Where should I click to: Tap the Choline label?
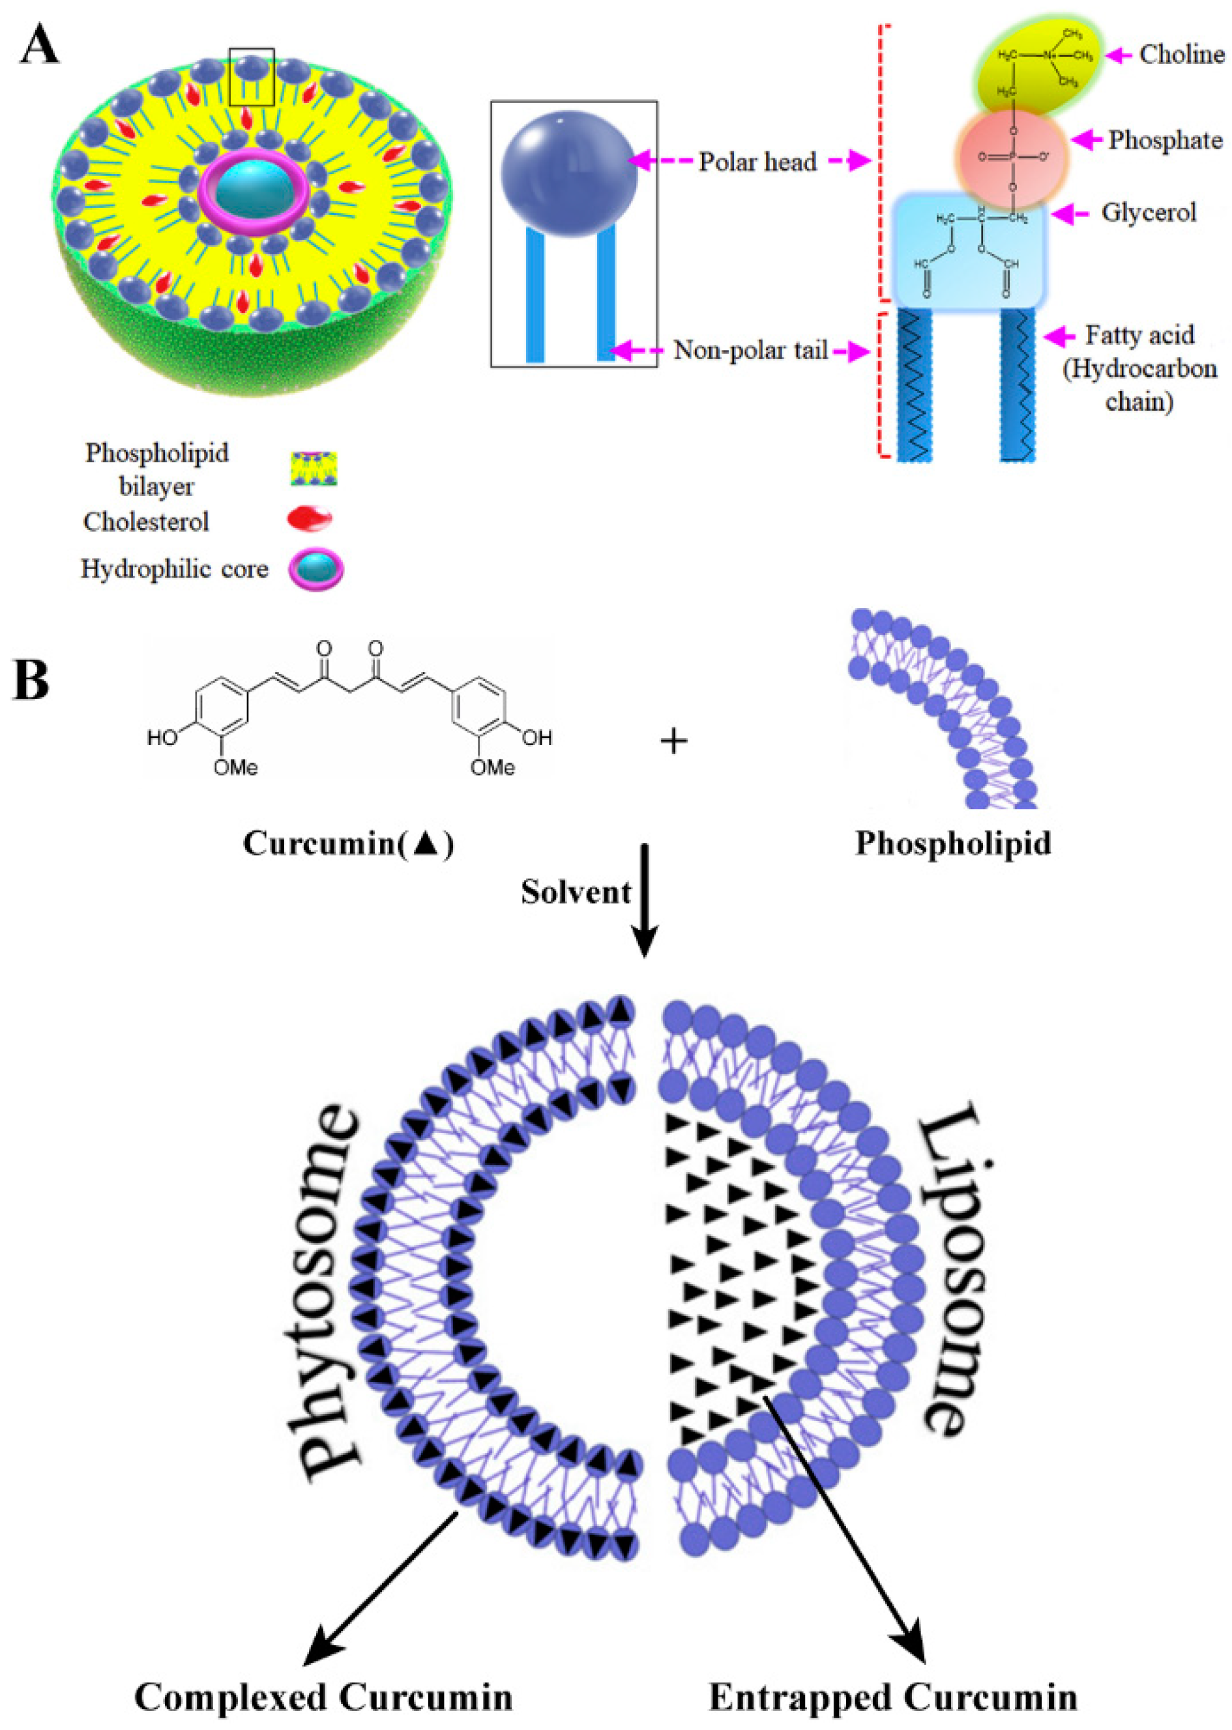pyautogui.click(x=1181, y=55)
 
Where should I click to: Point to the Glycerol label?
pyautogui.click(x=1149, y=213)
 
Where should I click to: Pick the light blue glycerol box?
pyautogui.click(x=969, y=250)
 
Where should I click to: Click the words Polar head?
pyautogui.click(x=757, y=162)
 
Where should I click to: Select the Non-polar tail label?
pyautogui.click(x=750, y=351)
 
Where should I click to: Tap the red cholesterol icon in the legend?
pyautogui.click(x=309, y=520)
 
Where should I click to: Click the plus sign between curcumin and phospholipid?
pyautogui.click(x=673, y=741)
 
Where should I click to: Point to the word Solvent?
pyautogui.click(x=576, y=892)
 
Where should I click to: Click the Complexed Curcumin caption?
pyautogui.click(x=324, y=1697)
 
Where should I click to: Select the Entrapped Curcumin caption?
pyautogui.click(x=893, y=1697)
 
